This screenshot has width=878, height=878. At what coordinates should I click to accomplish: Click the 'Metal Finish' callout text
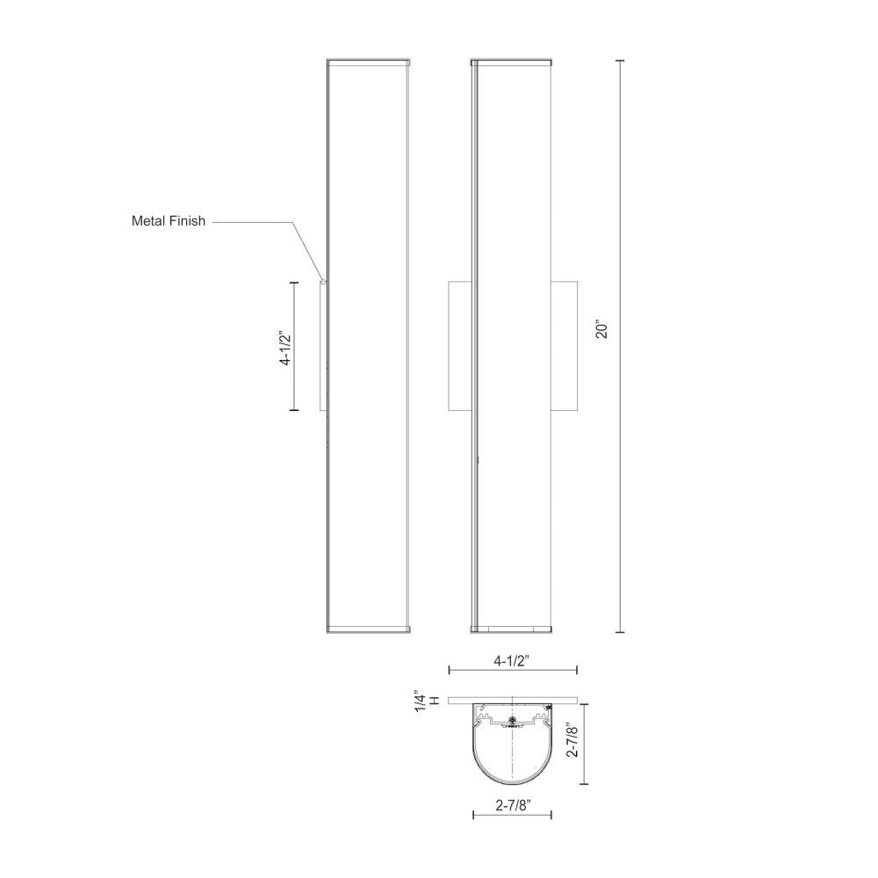pos(169,221)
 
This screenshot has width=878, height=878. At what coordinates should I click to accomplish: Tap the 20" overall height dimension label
pos(601,330)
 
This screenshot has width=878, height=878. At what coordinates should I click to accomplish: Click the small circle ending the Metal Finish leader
pos(324,282)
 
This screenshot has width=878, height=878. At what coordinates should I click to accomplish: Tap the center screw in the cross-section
pos(512,719)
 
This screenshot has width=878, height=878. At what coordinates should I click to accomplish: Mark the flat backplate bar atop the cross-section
pos(513,701)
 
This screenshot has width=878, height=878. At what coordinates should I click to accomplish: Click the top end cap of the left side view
pos(368,62)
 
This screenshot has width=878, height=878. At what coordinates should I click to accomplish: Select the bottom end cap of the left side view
pos(368,629)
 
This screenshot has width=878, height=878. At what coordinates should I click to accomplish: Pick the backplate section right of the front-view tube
pos(564,346)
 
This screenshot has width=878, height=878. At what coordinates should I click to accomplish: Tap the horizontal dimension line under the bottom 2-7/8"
pos(513,816)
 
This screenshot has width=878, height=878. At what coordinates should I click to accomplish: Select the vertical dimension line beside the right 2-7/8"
pos(587,743)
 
